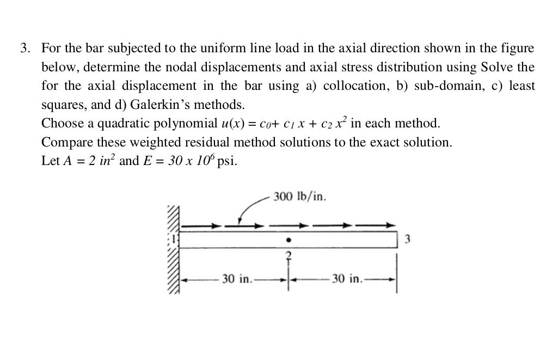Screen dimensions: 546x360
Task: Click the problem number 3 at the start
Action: (24, 48)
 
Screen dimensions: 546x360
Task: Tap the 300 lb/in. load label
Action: (300, 196)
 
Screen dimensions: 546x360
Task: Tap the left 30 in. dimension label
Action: (237, 279)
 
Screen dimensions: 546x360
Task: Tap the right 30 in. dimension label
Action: (346, 279)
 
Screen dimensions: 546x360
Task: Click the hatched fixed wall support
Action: (173, 251)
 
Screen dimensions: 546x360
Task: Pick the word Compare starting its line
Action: (64, 143)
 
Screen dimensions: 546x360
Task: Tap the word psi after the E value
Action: (226, 162)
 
